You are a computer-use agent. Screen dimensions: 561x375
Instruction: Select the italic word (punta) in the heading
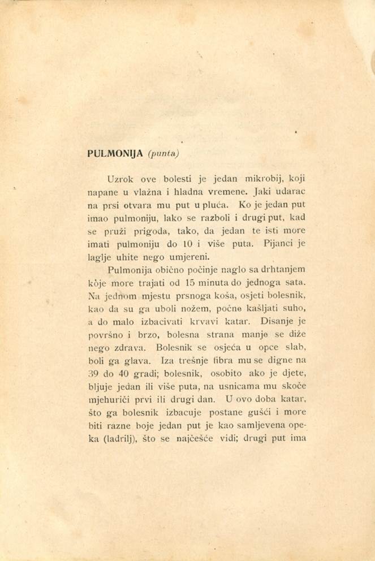coord(163,154)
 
